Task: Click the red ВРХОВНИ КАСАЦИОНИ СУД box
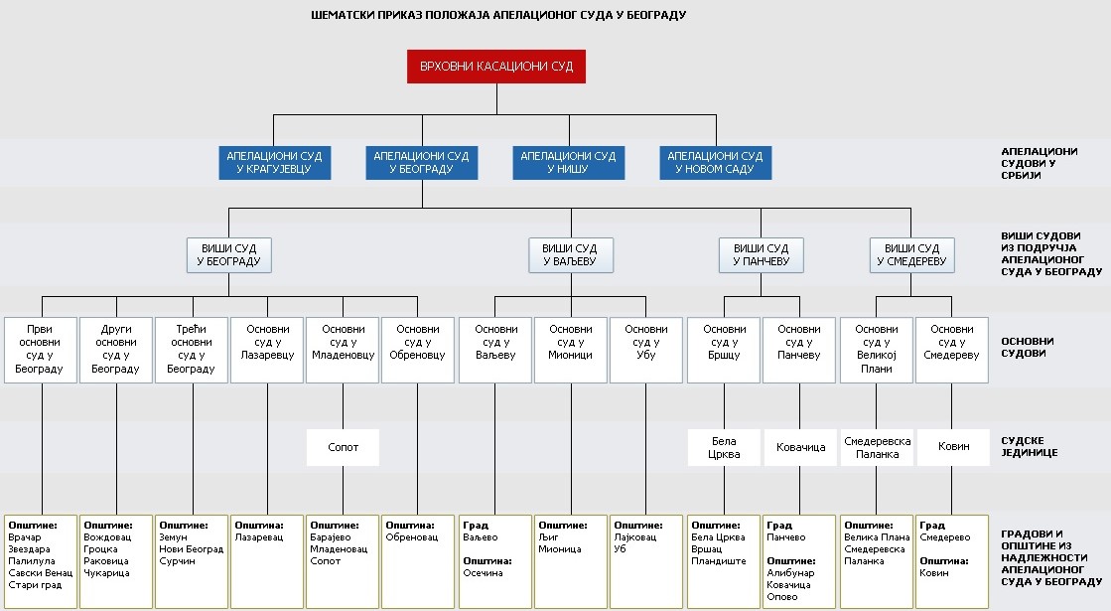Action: [496, 67]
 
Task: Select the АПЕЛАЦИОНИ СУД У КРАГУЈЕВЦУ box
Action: [275, 162]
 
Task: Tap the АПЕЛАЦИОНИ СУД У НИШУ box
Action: [569, 162]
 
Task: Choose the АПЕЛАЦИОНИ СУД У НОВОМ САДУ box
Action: [716, 162]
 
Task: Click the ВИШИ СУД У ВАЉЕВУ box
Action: [571, 255]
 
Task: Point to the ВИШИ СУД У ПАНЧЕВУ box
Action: [761, 255]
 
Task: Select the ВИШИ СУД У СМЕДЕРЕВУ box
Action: [912, 255]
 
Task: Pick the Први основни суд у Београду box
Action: [41, 350]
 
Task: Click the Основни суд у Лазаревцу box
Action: [267, 350]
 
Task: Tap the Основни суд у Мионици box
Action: [570, 350]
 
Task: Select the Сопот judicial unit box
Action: [343, 447]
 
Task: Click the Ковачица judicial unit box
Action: [800, 447]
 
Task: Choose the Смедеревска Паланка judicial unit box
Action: [877, 447]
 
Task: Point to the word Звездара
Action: [29, 549]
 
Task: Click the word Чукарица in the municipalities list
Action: [106, 572]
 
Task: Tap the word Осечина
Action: [484, 572]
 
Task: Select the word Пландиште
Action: [719, 561]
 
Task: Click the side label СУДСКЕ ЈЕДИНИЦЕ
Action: [1029, 446]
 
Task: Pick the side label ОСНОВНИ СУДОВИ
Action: [1028, 348]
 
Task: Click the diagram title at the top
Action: [498, 15]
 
